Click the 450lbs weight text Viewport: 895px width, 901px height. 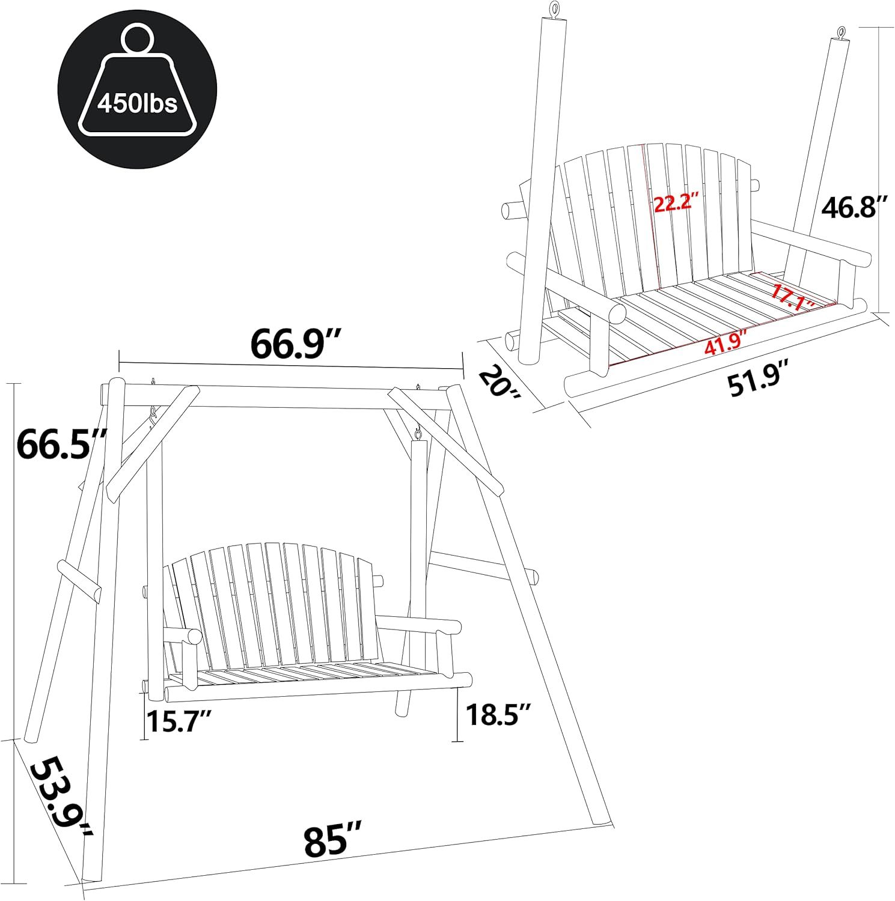pos(137,103)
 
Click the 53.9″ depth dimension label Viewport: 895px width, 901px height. pos(60,798)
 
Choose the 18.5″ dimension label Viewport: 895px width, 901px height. pos(498,715)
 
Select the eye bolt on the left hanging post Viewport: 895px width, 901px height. pos(553,10)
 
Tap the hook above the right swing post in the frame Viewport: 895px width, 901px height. pos(417,431)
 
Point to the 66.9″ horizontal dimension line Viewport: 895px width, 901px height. pos(291,367)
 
